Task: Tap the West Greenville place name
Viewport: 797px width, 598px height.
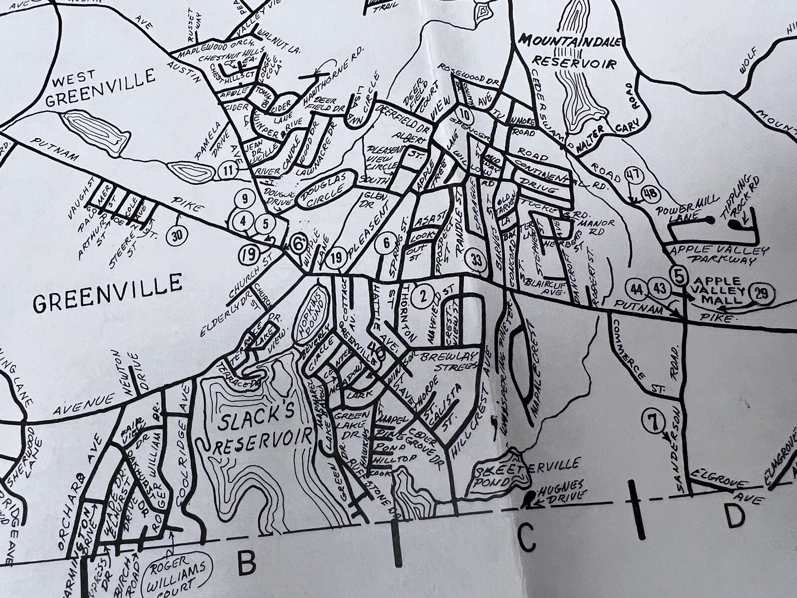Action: pos(100,88)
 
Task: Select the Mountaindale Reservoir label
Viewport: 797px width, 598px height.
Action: pos(573,52)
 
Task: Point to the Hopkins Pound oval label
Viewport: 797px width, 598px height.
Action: pos(312,315)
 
